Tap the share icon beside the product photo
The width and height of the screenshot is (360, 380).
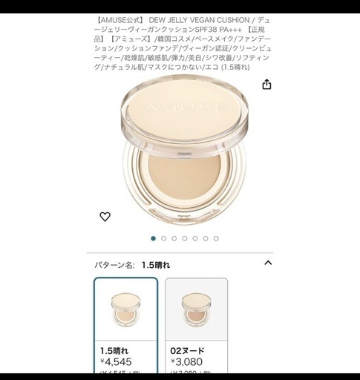(x=267, y=85)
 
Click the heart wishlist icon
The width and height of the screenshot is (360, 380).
(x=105, y=217)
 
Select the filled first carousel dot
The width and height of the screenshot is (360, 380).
(x=154, y=238)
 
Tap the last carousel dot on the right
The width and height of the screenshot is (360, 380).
(x=216, y=238)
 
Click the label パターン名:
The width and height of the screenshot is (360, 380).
(x=115, y=264)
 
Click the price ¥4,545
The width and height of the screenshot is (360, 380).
(x=116, y=363)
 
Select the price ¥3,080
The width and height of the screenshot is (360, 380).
(x=187, y=363)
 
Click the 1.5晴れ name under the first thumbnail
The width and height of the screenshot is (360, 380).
(x=114, y=350)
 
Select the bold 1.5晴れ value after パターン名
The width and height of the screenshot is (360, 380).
(x=156, y=264)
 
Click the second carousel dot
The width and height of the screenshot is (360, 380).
(x=164, y=238)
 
